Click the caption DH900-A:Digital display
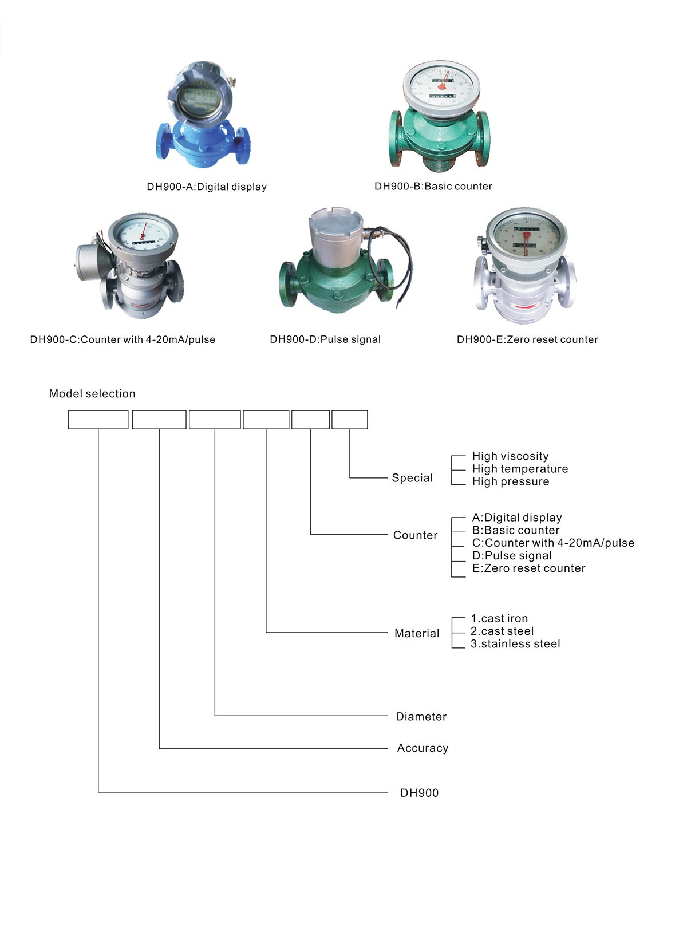pos(207,187)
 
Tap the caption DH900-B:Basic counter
pos(433,186)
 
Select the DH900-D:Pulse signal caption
pos(325,339)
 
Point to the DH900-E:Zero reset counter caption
pos(527,339)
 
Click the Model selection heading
pos(92,393)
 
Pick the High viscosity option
pos(510,456)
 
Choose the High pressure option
pos(510,481)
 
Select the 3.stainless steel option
pos(515,643)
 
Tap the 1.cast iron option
pos(499,618)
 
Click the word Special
pos(412,477)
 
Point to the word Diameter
pos(421,716)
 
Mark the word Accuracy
pos(423,748)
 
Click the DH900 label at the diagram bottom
pos(419,793)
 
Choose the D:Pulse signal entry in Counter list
pos(512,555)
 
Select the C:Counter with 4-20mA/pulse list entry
pos(553,543)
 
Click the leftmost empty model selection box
pos(98,420)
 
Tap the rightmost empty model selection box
pos(350,420)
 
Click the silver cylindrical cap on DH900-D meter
pos(335,232)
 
